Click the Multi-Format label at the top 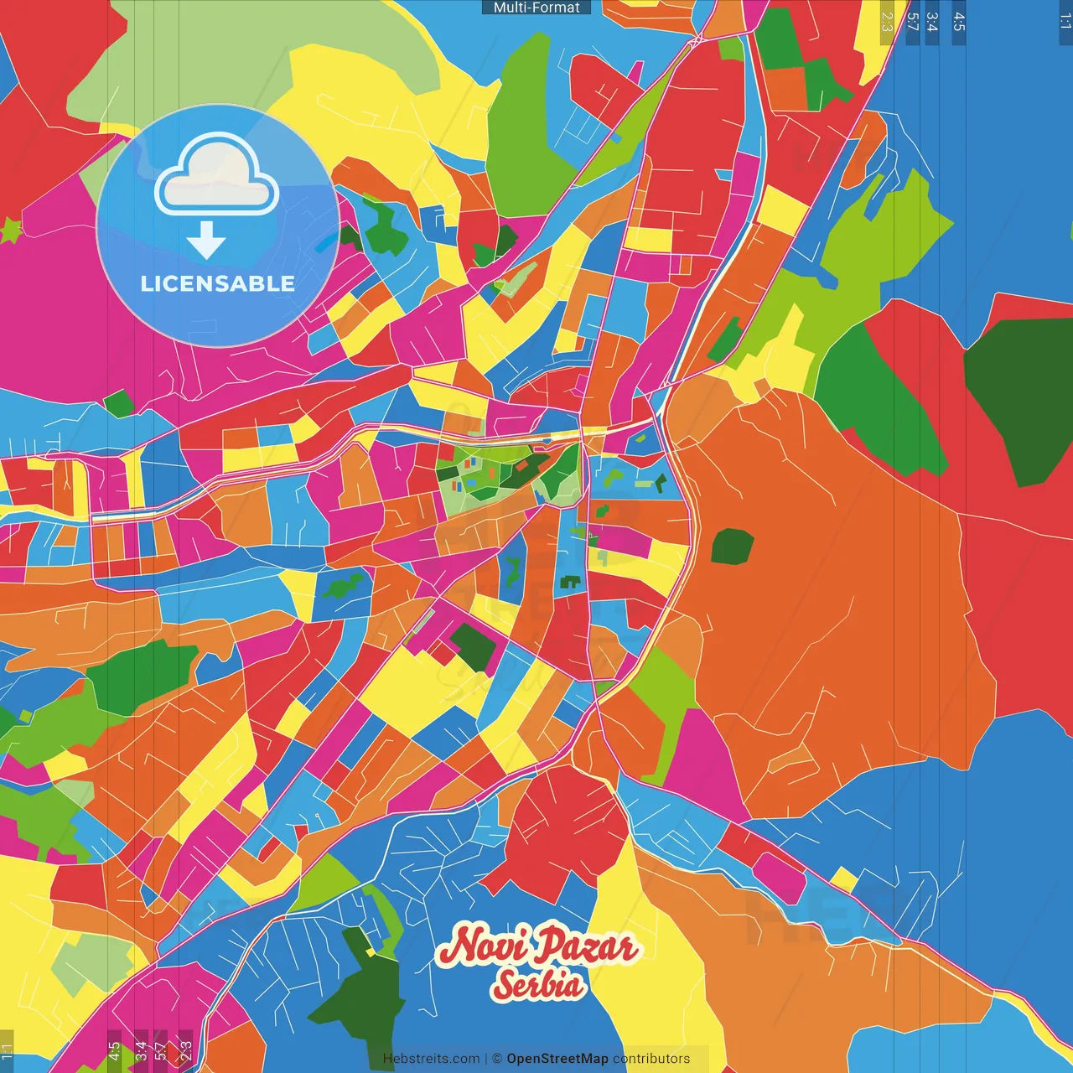click(536, 8)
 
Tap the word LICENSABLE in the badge click(218, 283)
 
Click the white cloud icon click(216, 177)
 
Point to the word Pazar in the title click(587, 947)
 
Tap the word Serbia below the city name click(537, 985)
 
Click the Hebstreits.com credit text click(431, 1059)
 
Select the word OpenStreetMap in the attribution click(557, 1059)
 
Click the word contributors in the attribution click(651, 1059)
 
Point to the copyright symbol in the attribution click(497, 1059)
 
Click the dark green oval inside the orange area click(732, 547)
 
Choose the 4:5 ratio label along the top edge click(959, 21)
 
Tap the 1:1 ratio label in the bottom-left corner click(7, 1050)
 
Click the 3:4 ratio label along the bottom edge click(141, 1050)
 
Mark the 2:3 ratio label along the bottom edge click(186, 1050)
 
